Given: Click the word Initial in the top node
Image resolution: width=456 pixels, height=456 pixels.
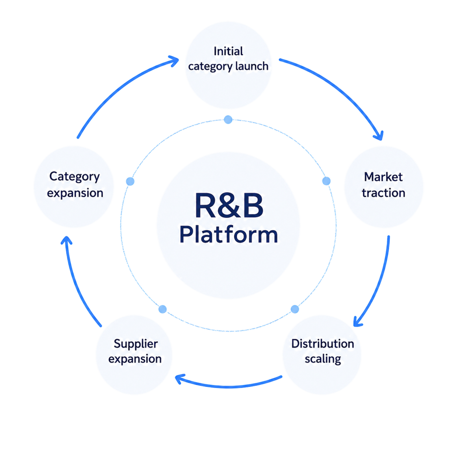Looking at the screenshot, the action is click(228, 51).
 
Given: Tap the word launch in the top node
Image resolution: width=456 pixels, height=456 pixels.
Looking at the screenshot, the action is click(252, 66).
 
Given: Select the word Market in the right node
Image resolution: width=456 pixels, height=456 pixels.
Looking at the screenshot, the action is click(383, 177).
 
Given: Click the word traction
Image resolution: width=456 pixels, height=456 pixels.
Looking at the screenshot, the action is click(383, 193).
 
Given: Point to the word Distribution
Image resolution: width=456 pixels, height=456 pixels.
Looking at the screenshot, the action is click(323, 344).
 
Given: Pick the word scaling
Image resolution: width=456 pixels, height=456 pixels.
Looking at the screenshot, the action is click(323, 359).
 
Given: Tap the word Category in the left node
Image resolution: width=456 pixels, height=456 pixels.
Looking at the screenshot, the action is click(74, 177).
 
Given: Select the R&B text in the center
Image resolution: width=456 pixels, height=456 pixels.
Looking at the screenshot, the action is click(229, 206).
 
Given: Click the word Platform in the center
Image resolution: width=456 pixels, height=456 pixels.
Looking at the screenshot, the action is click(229, 235).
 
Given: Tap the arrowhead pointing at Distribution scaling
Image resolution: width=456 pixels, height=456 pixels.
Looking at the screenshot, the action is click(358, 322).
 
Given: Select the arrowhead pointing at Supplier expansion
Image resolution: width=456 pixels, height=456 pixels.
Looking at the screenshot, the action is click(179, 379).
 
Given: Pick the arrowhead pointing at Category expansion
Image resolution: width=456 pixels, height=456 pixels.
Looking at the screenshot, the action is click(67, 240).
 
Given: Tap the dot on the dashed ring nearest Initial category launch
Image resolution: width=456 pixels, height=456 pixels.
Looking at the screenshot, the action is click(228, 119).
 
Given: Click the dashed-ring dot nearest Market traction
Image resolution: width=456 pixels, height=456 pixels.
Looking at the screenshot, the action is click(326, 181).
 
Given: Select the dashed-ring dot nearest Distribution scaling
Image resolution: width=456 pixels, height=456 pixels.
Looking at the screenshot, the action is click(295, 309).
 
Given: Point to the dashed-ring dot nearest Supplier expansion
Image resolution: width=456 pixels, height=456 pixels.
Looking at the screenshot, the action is click(163, 309).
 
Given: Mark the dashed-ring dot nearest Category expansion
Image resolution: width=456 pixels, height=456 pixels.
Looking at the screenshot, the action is click(130, 181).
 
